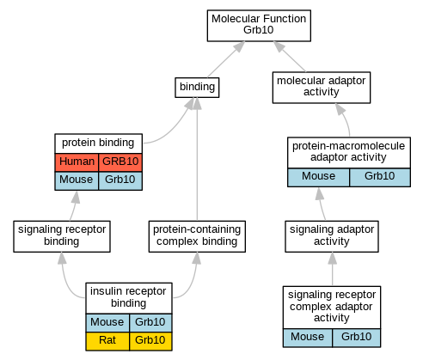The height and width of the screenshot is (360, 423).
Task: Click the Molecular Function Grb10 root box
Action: tap(259, 26)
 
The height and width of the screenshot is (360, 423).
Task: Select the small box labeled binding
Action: tap(197, 88)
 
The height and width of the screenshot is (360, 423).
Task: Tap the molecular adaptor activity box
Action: tap(322, 88)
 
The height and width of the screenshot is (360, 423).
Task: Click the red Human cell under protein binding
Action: tap(77, 162)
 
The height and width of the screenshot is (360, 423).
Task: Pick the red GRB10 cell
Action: tap(120, 162)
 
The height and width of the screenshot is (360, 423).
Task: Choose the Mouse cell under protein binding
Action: tap(77, 180)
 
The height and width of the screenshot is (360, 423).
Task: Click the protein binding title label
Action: tap(98, 143)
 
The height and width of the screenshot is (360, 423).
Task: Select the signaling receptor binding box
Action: tap(62, 236)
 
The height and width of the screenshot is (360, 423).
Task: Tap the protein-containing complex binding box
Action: tap(197, 236)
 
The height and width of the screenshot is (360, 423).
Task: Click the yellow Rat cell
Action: tap(107, 341)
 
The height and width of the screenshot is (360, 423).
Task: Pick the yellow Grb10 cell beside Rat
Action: tap(150, 341)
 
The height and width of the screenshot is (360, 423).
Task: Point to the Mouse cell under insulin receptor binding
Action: tap(107, 323)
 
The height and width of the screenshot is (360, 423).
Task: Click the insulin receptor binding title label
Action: tap(128, 297)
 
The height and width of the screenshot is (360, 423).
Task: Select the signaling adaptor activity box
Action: tap(332, 236)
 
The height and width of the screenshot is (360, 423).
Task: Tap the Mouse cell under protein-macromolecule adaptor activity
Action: tap(318, 177)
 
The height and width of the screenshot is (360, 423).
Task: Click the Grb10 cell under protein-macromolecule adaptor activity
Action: tap(380, 177)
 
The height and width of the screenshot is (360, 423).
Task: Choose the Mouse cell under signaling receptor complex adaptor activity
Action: tap(308, 338)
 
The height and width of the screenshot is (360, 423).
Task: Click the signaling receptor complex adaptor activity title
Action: tap(332, 307)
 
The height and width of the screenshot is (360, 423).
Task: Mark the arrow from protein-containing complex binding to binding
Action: tap(197, 159)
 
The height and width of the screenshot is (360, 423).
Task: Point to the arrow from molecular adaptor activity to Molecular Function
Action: tap(290, 57)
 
